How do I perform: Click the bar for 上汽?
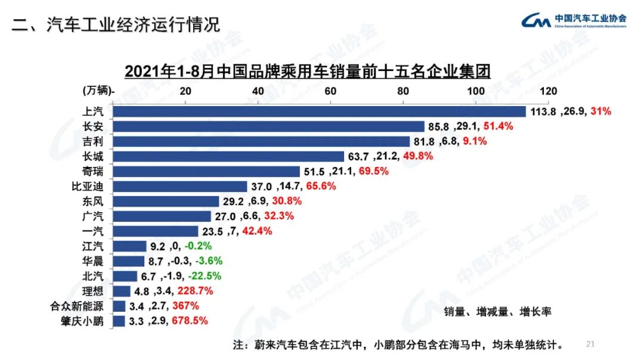pos(319,111)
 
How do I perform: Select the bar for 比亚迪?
pos(179,187)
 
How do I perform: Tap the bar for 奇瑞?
pos(206,172)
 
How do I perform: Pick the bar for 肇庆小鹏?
pos(119,321)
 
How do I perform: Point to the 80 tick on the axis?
pos(402,91)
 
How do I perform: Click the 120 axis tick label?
pos(548,91)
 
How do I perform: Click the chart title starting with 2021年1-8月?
pos(307,72)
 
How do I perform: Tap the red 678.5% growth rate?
pos(190,321)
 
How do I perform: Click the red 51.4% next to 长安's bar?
pos(498,126)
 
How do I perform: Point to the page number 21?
pos(591,344)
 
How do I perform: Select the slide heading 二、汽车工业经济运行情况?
pos(116,24)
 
